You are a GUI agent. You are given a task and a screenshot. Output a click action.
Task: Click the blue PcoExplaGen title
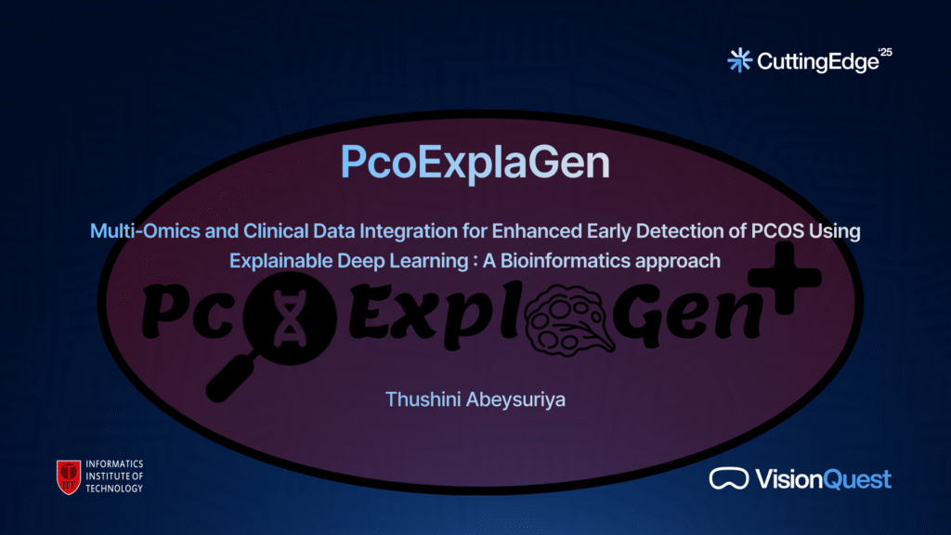(475, 162)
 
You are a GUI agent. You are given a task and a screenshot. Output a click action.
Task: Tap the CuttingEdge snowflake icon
(740, 60)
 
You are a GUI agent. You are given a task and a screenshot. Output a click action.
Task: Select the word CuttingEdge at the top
(817, 62)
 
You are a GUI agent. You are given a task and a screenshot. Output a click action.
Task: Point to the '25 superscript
(885, 52)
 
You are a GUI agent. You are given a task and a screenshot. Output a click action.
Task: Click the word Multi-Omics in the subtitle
(146, 231)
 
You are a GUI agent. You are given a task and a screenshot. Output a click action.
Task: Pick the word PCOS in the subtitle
(777, 231)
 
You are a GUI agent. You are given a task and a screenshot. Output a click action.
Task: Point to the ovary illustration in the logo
(569, 320)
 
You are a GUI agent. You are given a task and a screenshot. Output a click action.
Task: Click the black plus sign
(785, 278)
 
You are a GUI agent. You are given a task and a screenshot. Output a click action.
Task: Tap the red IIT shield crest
(69, 476)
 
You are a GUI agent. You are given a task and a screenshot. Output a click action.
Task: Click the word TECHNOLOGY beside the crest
(114, 489)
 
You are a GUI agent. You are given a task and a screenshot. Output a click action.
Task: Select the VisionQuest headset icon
(729, 478)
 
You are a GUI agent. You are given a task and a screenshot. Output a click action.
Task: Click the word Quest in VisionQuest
(857, 480)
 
